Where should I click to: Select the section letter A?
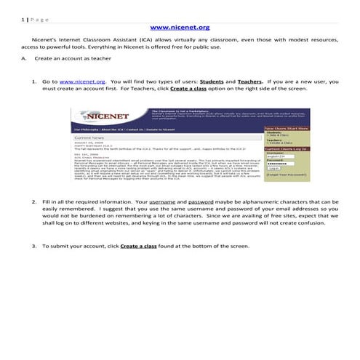pyautogui.click(x=24, y=57)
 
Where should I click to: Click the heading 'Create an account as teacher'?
pyautogui.click(x=72, y=57)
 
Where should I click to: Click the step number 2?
pyautogui.click(x=33, y=200)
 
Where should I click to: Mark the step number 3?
pyautogui.click(x=33, y=246)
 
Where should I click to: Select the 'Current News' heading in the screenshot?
pyautogui.click(x=91, y=136)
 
